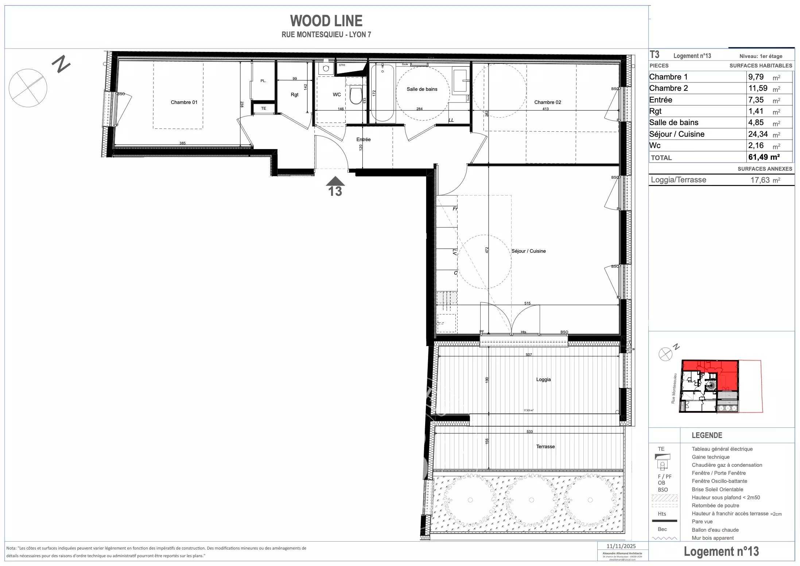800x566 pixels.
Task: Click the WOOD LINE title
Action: [x=326, y=21]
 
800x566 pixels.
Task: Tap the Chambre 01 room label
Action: [x=184, y=102]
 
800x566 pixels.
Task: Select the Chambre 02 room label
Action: [x=547, y=102]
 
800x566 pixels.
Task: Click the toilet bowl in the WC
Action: [x=356, y=95]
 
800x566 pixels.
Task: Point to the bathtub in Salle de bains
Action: [x=382, y=93]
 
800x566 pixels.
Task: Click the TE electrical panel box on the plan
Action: [x=263, y=108]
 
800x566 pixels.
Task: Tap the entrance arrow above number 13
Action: [x=335, y=181]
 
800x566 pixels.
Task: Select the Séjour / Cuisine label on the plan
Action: [x=528, y=251]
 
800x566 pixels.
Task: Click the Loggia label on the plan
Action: [x=543, y=379]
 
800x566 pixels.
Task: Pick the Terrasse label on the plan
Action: [x=545, y=446]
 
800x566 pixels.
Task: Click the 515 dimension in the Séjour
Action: [x=527, y=303]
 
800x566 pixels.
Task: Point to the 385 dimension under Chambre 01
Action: [x=182, y=143]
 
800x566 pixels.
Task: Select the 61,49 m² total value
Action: [x=764, y=157]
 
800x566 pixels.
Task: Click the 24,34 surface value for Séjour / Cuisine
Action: [x=758, y=134]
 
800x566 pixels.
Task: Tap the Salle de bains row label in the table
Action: [x=674, y=123]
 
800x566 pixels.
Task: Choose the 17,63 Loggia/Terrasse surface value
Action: [x=760, y=180]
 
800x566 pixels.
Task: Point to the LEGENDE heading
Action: [x=707, y=435]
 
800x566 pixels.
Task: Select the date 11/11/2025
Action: [x=621, y=546]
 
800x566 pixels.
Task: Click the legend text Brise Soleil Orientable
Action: [x=717, y=489]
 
